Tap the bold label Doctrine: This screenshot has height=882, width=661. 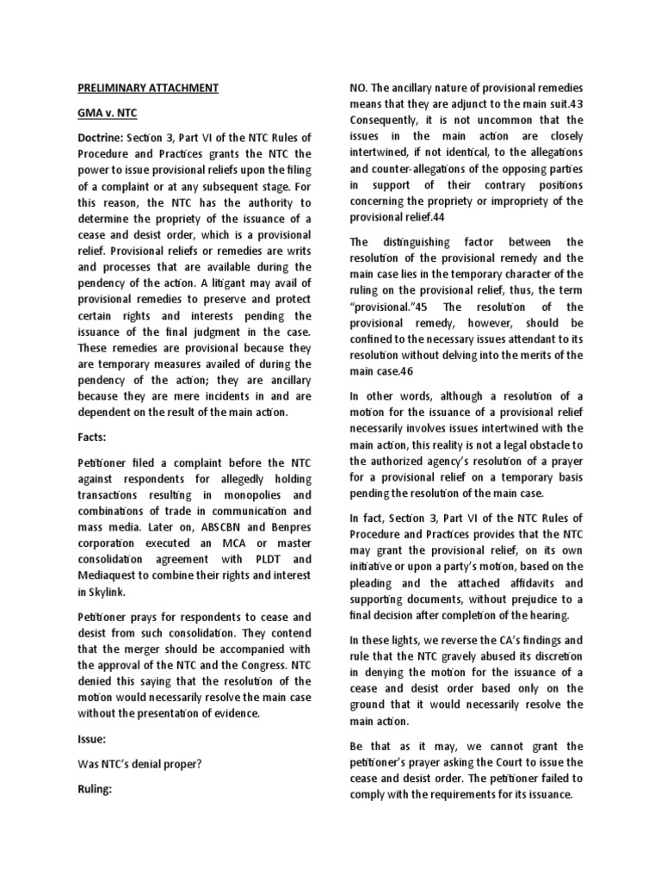click(99, 139)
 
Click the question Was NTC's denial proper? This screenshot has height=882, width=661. click(140, 763)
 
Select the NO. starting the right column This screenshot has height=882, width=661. click(359, 88)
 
